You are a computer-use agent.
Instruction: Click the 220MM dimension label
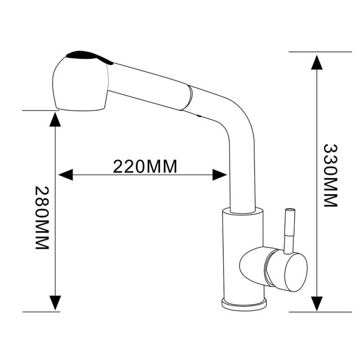click(144, 166)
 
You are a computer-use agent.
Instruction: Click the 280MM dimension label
click(41, 218)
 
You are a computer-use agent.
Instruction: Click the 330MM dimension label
click(331, 175)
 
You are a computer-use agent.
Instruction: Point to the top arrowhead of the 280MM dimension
click(55, 118)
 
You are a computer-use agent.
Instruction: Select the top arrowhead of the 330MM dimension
click(318, 61)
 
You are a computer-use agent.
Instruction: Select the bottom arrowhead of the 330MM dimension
click(318, 303)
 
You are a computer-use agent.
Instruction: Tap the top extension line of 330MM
click(319, 52)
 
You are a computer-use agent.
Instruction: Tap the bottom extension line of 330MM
click(319, 311)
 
